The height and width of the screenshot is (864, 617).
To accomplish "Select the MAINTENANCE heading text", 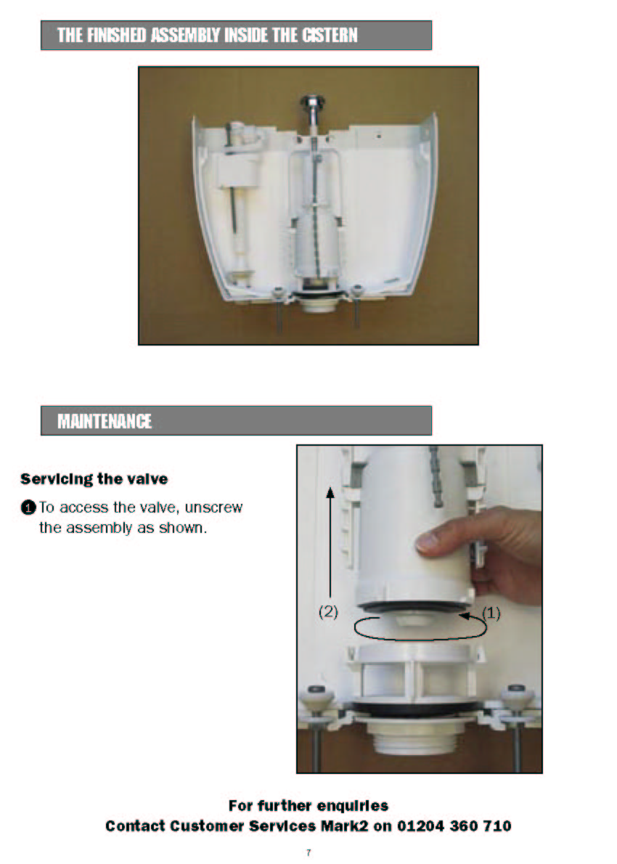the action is coord(105,422).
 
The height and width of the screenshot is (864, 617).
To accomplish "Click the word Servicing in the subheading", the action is coord(56,479).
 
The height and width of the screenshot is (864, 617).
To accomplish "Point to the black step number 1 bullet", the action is coord(28,508).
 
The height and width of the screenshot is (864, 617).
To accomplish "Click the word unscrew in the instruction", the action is coord(213,508).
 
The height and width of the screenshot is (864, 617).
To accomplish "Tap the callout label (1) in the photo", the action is coord(491,614).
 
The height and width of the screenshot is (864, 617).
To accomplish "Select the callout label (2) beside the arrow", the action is coord(328,611).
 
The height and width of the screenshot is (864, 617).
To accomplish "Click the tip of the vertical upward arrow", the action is coord(330,487).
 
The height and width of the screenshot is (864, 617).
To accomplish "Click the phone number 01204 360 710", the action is coord(454,826).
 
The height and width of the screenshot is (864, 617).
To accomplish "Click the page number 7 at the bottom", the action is coord(308,852).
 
